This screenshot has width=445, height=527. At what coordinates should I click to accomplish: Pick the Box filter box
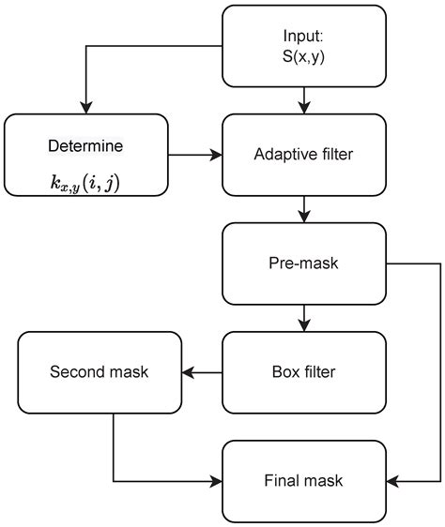coord(304,370)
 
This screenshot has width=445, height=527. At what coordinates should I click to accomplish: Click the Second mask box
coord(100,370)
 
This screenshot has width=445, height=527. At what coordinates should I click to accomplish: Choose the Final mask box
coord(304,481)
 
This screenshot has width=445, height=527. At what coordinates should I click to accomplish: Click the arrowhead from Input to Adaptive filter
coord(304,108)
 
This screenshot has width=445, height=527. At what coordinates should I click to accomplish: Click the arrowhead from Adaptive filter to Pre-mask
coord(304,217)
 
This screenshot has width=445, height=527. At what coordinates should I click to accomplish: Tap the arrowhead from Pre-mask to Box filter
coord(304,326)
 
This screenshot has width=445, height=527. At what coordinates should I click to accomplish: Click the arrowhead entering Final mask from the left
coord(216,481)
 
